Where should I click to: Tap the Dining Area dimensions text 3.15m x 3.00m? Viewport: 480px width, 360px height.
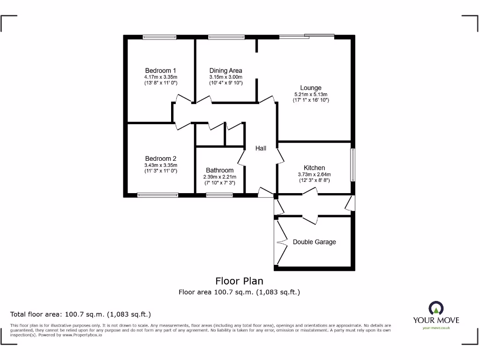[225, 77]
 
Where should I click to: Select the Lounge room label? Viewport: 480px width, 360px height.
[311, 88]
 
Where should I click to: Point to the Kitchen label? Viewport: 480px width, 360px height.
[314, 168]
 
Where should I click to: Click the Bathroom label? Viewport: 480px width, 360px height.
[219, 170]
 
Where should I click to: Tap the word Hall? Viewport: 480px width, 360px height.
[261, 148]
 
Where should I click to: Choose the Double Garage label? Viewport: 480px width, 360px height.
[314, 242]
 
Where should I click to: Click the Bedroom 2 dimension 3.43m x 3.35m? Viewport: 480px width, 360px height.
[161, 165]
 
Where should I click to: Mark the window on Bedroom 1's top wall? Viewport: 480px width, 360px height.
[160, 37]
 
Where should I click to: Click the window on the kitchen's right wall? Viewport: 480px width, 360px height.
[353, 165]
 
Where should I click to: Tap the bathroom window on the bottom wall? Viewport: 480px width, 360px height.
[219, 195]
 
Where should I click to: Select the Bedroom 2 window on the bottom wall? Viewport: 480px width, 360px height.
[158, 195]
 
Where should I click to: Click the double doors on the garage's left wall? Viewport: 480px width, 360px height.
[279, 242]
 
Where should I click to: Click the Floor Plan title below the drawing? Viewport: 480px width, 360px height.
[239, 281]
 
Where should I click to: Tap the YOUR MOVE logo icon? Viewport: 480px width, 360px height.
[436, 308]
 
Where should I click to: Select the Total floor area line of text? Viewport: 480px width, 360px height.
[81, 314]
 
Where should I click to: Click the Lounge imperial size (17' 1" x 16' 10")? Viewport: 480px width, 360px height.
[311, 100]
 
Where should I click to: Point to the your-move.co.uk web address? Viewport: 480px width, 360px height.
[436, 328]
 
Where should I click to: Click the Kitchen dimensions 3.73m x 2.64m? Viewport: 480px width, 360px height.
[314, 174]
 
